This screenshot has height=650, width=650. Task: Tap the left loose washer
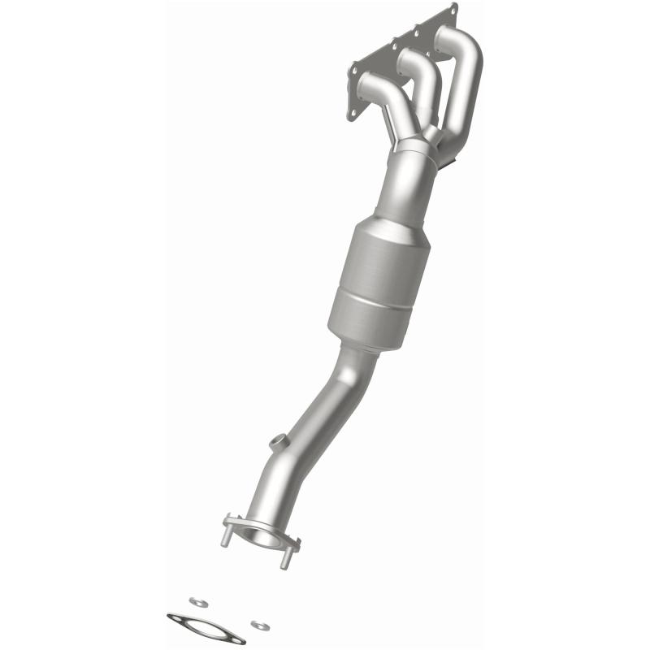click(195, 601)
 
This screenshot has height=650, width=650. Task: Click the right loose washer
click(259, 624)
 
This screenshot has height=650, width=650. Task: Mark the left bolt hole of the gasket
click(176, 618)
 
